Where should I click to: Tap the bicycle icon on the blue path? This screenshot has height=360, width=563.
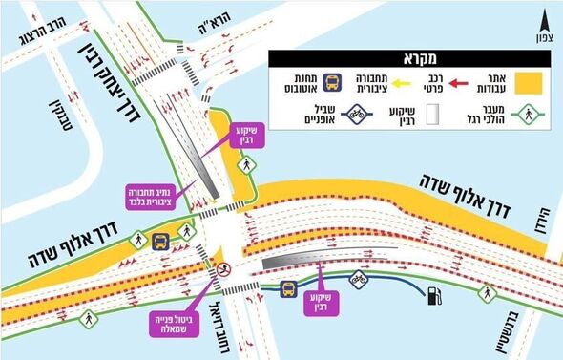click(359, 281)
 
